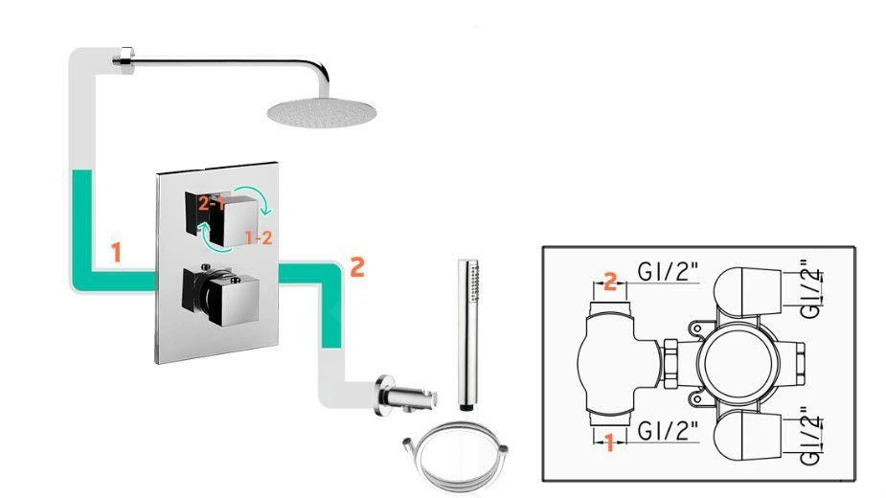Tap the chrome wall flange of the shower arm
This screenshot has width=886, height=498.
[x=123, y=59]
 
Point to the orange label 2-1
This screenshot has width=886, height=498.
[x=212, y=203]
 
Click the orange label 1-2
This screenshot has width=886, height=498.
[x=258, y=237]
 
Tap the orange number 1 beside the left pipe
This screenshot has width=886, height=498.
[x=116, y=254]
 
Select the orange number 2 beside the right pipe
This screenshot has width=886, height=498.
[x=356, y=267]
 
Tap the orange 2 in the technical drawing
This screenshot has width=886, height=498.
[x=608, y=281]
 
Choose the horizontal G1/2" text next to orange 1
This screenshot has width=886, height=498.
[x=669, y=427]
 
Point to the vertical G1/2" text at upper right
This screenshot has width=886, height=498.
[x=809, y=286]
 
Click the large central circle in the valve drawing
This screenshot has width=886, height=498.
[x=733, y=359]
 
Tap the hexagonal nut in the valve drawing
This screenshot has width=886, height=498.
[x=672, y=358]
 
